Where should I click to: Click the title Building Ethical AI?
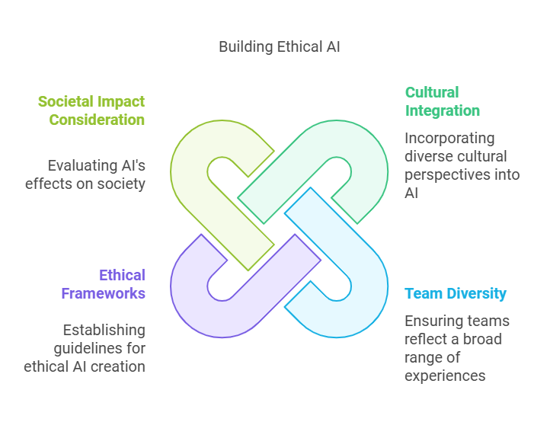(x=280, y=47)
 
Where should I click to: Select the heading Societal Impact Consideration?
(x=91, y=110)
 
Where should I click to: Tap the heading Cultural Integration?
(x=443, y=101)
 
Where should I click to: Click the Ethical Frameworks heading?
(x=103, y=284)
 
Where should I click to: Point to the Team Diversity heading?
(x=456, y=293)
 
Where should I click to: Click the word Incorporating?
(x=449, y=138)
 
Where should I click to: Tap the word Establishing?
(x=104, y=330)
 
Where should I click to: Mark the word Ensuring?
(x=427, y=321)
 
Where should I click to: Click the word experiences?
(x=445, y=376)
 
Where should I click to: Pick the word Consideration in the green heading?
(x=97, y=120)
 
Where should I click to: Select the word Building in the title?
(x=246, y=47)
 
